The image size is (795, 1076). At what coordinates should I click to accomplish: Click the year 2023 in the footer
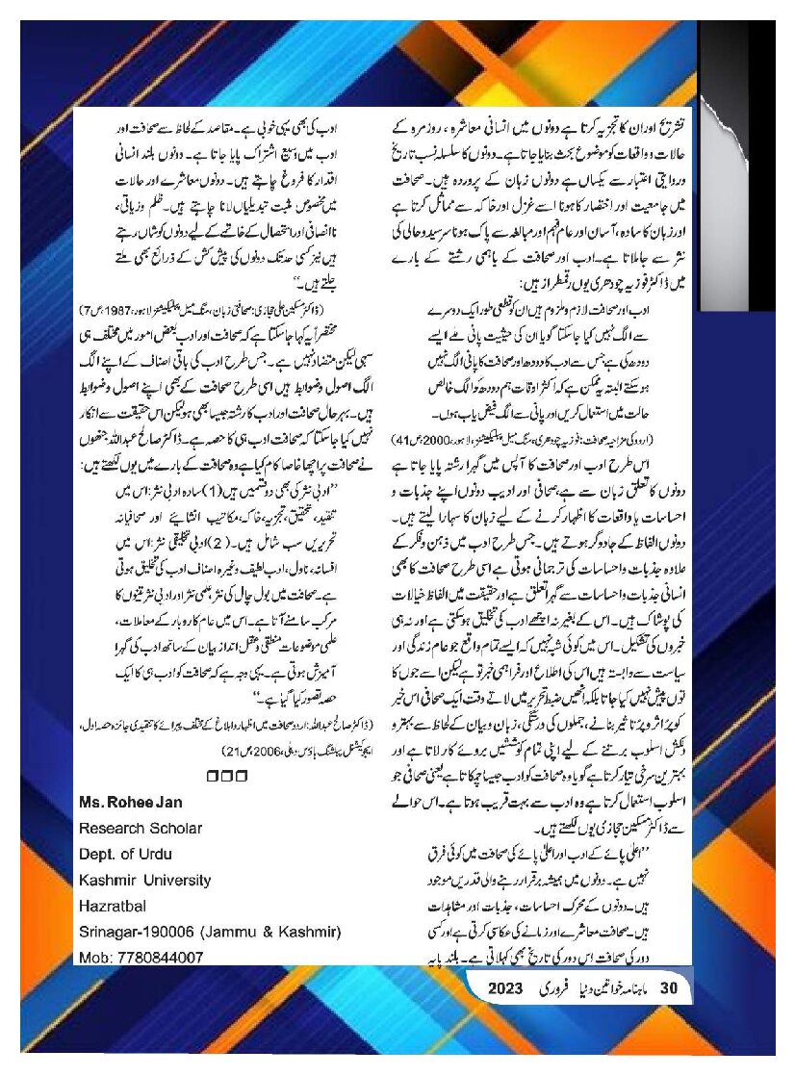tap(504, 988)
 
